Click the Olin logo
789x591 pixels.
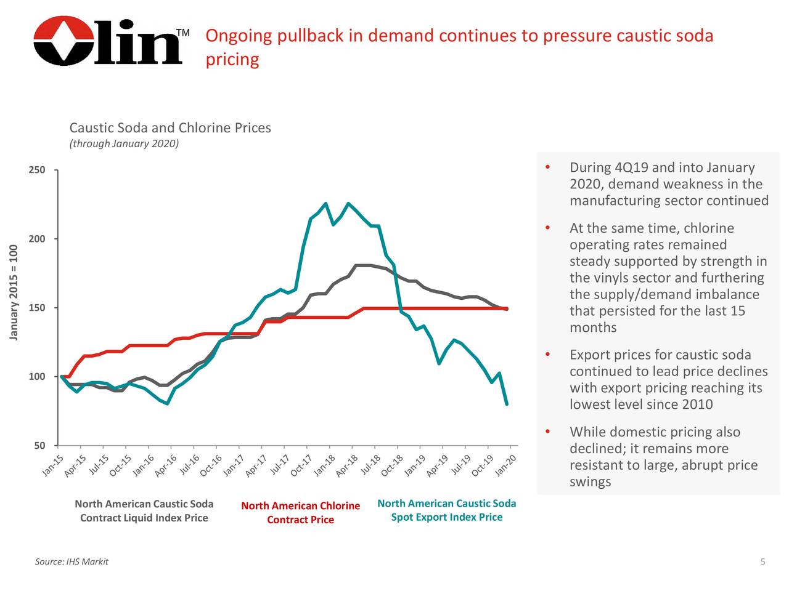coord(108,41)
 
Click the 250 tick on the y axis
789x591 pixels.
coord(37,170)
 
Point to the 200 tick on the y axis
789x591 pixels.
coord(37,239)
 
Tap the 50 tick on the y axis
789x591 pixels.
coord(39,446)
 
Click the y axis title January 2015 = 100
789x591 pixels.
coord(14,292)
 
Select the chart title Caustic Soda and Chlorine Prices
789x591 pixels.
coord(170,128)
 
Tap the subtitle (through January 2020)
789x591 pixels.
coord(124,144)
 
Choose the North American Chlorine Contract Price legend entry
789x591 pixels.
coord(300,513)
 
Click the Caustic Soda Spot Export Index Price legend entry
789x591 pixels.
coord(446,510)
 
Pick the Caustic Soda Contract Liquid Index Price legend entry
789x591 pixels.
coord(144,511)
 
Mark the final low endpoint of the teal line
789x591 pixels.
coord(507,404)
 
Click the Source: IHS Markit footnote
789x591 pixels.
coord(72,561)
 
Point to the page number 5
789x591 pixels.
coord(762,561)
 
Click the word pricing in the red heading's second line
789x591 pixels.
coord(232,60)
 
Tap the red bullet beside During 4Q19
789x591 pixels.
coord(547,168)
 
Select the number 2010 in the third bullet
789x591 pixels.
coord(696,404)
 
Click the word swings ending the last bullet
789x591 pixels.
coord(590,481)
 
